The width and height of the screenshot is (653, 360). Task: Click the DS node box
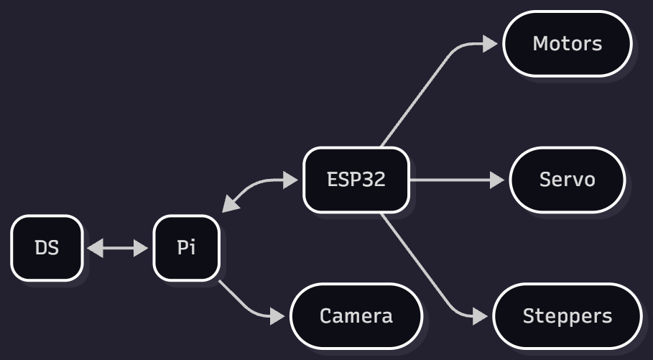tap(47, 248)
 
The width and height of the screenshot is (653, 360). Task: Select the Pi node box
tap(186, 248)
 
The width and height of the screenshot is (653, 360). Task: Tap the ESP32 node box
tap(356, 180)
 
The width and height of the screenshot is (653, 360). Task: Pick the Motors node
tap(568, 43)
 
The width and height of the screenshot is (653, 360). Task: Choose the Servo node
tap(568, 180)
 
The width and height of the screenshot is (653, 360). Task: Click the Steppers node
tap(568, 316)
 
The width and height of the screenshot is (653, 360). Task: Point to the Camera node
tap(356, 316)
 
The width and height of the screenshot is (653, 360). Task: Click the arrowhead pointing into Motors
tap(490, 44)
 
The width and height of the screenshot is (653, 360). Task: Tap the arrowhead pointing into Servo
tap(497, 180)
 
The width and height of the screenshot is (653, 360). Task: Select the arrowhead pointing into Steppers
tap(483, 316)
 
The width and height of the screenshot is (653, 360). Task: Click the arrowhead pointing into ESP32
tap(290, 180)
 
